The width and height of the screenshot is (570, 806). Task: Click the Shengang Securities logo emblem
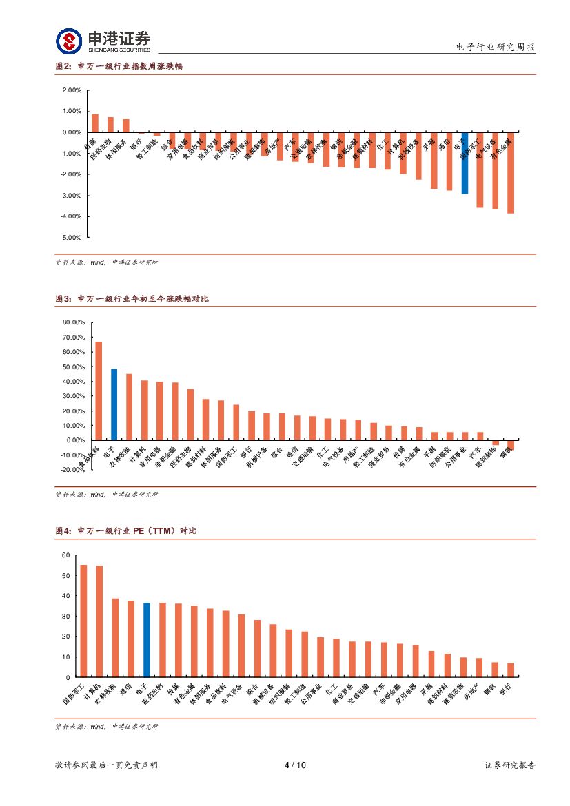[69, 41]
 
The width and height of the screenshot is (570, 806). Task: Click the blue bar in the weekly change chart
[465, 163]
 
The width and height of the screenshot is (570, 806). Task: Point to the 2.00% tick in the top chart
[72, 90]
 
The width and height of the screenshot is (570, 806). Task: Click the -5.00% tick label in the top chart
[72, 238]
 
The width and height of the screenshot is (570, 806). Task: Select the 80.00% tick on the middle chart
[73, 322]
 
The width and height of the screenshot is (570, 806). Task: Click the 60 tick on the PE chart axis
[66, 555]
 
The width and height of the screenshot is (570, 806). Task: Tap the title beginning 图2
[118, 66]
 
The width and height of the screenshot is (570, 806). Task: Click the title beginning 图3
[131, 299]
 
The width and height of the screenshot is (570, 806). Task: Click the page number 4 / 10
[295, 765]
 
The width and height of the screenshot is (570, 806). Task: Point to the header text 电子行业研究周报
[496, 48]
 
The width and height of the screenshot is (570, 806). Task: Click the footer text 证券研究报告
[510, 765]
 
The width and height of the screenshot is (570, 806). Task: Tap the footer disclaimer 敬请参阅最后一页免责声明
[106, 765]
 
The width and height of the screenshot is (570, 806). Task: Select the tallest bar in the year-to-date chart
[99, 391]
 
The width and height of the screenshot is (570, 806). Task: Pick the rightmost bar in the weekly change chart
[511, 173]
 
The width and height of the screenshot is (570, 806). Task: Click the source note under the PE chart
[106, 727]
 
